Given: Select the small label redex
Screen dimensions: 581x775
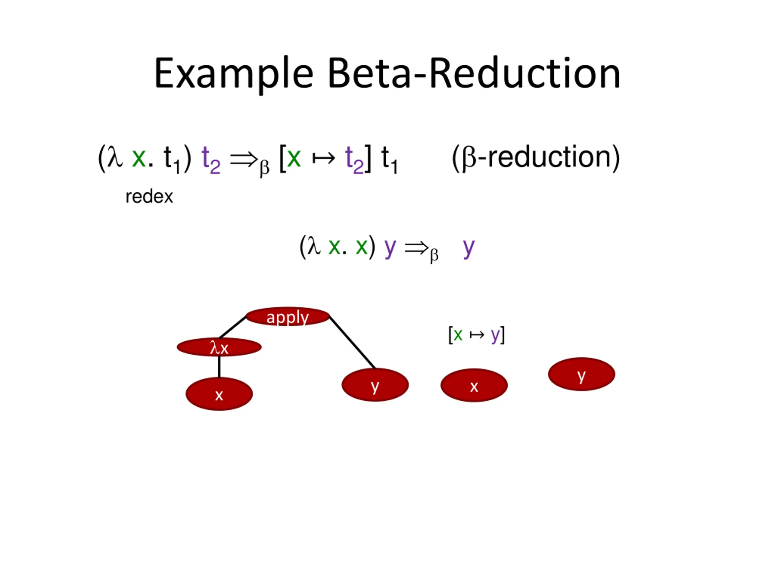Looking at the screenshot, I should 149,197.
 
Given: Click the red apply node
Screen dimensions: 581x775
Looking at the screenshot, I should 288,317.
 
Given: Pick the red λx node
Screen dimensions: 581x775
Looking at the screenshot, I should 219,347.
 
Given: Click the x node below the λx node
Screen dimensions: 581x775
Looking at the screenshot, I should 219,394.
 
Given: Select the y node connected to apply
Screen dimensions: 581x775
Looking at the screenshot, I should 375,385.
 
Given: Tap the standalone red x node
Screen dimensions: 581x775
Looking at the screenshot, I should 474,385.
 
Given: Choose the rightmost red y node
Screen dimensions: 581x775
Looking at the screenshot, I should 581,374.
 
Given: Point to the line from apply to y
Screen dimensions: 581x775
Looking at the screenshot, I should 352,343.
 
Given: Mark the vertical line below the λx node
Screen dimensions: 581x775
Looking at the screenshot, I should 219,367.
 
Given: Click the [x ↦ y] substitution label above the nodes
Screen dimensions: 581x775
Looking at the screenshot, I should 476,335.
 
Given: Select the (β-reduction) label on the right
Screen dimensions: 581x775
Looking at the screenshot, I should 536,158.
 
